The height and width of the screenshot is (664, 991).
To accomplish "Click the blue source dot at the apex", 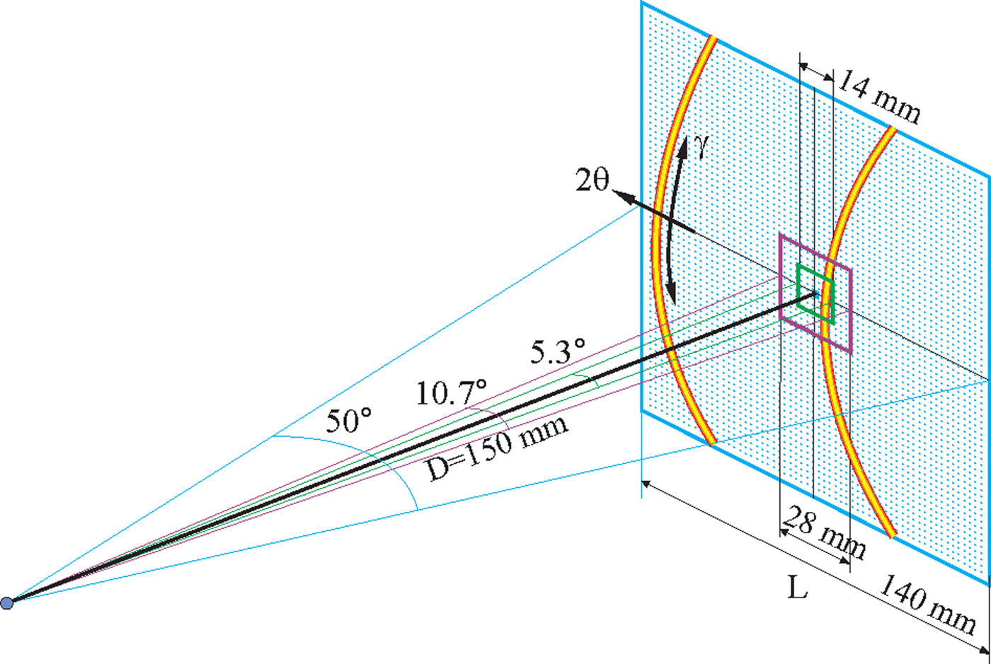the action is (x=7, y=603).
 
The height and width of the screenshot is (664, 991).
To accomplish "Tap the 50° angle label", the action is (x=349, y=421).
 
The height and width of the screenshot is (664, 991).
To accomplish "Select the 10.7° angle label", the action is (x=452, y=392).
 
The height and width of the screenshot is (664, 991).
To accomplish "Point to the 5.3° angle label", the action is (x=558, y=351).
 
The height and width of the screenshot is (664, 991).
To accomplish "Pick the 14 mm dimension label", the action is (x=879, y=98).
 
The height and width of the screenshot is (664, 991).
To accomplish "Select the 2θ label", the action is (x=592, y=180).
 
